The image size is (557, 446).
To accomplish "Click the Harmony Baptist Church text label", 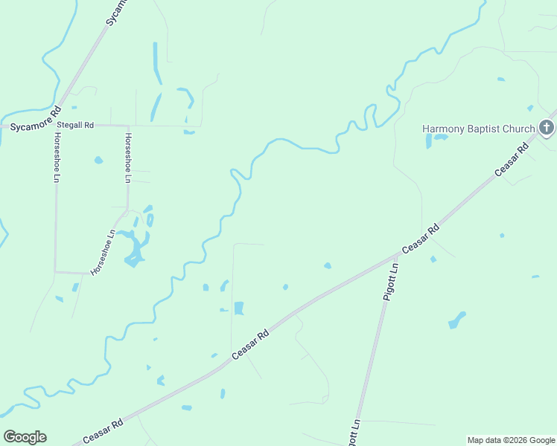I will (x=478, y=129).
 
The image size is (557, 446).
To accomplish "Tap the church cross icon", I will (x=546, y=128).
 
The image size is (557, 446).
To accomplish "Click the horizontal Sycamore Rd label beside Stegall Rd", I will (x=31, y=126).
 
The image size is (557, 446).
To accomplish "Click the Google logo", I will (x=25, y=437).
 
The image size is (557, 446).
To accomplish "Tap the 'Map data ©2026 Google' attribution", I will (x=511, y=440).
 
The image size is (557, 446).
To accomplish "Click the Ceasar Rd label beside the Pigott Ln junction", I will (x=421, y=239).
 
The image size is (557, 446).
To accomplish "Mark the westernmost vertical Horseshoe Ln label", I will (x=56, y=158).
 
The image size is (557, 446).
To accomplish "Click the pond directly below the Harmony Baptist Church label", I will (x=439, y=138).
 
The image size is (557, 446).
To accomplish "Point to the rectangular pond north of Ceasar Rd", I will (x=239, y=308).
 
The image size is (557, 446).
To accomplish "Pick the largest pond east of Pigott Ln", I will (x=456, y=320).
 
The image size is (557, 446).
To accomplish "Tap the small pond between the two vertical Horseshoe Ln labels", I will (x=98, y=160).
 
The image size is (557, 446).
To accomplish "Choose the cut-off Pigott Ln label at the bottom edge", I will (x=354, y=432).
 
